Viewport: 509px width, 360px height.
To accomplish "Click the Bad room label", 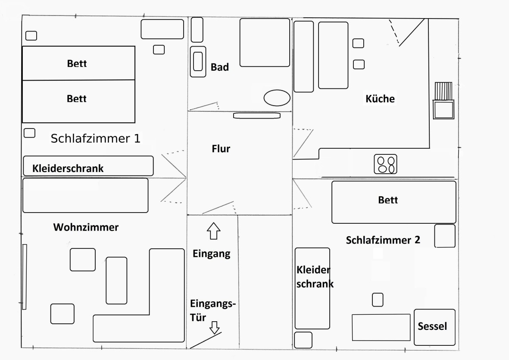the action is click(220, 67).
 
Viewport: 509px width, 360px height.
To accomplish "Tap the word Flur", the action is click(221, 149).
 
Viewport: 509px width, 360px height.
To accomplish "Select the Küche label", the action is click(380, 98).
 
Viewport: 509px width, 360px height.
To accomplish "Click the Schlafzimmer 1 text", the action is click(95, 138).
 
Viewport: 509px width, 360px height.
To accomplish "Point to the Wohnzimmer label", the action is click(86, 227).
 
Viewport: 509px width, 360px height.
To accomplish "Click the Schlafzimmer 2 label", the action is click(383, 240).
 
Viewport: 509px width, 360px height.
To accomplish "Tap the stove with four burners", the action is click(385, 164).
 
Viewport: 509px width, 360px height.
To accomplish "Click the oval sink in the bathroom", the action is click(277, 98).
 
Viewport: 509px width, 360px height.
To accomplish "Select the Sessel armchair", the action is click(435, 327).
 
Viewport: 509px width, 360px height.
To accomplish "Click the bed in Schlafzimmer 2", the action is click(394, 202).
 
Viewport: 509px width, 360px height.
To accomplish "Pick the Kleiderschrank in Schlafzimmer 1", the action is click(88, 166).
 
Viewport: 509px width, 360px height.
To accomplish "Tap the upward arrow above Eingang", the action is click(214, 231).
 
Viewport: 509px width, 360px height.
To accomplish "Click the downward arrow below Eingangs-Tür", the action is click(214, 328).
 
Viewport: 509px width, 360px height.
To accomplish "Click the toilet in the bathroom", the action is click(198, 62).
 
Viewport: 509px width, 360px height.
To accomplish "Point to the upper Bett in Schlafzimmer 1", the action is click(78, 63).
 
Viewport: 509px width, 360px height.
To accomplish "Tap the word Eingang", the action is click(212, 254).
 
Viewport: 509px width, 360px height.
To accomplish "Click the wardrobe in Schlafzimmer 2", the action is click(312, 288).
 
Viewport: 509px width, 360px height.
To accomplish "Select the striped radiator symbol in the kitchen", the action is click(443, 91).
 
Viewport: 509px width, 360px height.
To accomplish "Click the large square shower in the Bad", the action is click(265, 43).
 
